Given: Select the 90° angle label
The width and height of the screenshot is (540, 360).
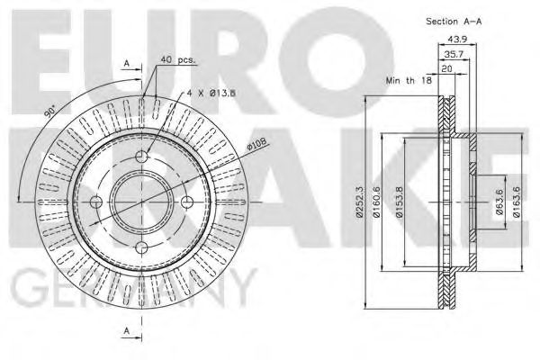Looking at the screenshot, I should point(51,118).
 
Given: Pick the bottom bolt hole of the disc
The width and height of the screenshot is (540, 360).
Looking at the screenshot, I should point(141,248).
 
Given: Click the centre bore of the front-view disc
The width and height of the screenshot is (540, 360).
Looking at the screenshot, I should point(141,203).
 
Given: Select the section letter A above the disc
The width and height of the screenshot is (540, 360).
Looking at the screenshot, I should point(127,65).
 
